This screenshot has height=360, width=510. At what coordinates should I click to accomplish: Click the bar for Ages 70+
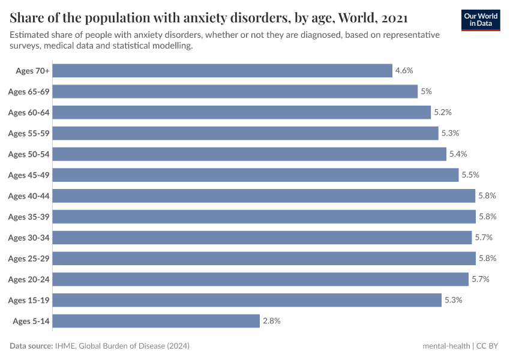pos(223,71)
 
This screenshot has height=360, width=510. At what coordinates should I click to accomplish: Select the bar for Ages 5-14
pos(156,321)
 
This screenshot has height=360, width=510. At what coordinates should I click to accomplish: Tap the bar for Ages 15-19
pos(247,300)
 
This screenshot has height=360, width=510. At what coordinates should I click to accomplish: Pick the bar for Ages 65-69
pos(235,91)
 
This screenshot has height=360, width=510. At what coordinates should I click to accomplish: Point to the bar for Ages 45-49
pos(256,175)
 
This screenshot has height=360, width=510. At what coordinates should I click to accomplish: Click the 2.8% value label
pos(271,321)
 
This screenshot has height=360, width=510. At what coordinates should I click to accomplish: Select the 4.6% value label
pos(404,71)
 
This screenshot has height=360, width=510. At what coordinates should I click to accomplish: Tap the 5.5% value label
pos(470,175)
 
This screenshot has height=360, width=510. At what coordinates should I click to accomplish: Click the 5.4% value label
pos(458,154)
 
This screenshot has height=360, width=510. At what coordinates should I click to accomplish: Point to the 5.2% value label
pos(442,112)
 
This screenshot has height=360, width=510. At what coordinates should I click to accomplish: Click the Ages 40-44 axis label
pos(29,196)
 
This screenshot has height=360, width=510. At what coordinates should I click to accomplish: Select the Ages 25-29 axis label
pos(29,258)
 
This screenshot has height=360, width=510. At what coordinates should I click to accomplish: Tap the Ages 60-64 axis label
pos(29,112)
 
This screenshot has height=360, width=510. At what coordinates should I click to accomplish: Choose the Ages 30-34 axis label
pos(29,238)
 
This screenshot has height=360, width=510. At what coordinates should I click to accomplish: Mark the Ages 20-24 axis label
pos(29,279)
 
